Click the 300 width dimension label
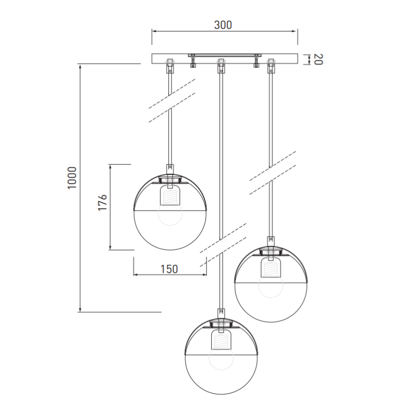[x=224, y=25]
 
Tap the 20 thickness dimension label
[x=318, y=59]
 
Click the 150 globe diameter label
[x=169, y=269]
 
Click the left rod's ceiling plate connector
[x=169, y=66]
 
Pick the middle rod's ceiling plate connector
[x=221, y=66]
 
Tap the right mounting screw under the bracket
[x=256, y=63]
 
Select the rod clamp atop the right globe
[x=270, y=241]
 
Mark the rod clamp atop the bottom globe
[x=221, y=313]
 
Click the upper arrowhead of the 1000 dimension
[x=80, y=67]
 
